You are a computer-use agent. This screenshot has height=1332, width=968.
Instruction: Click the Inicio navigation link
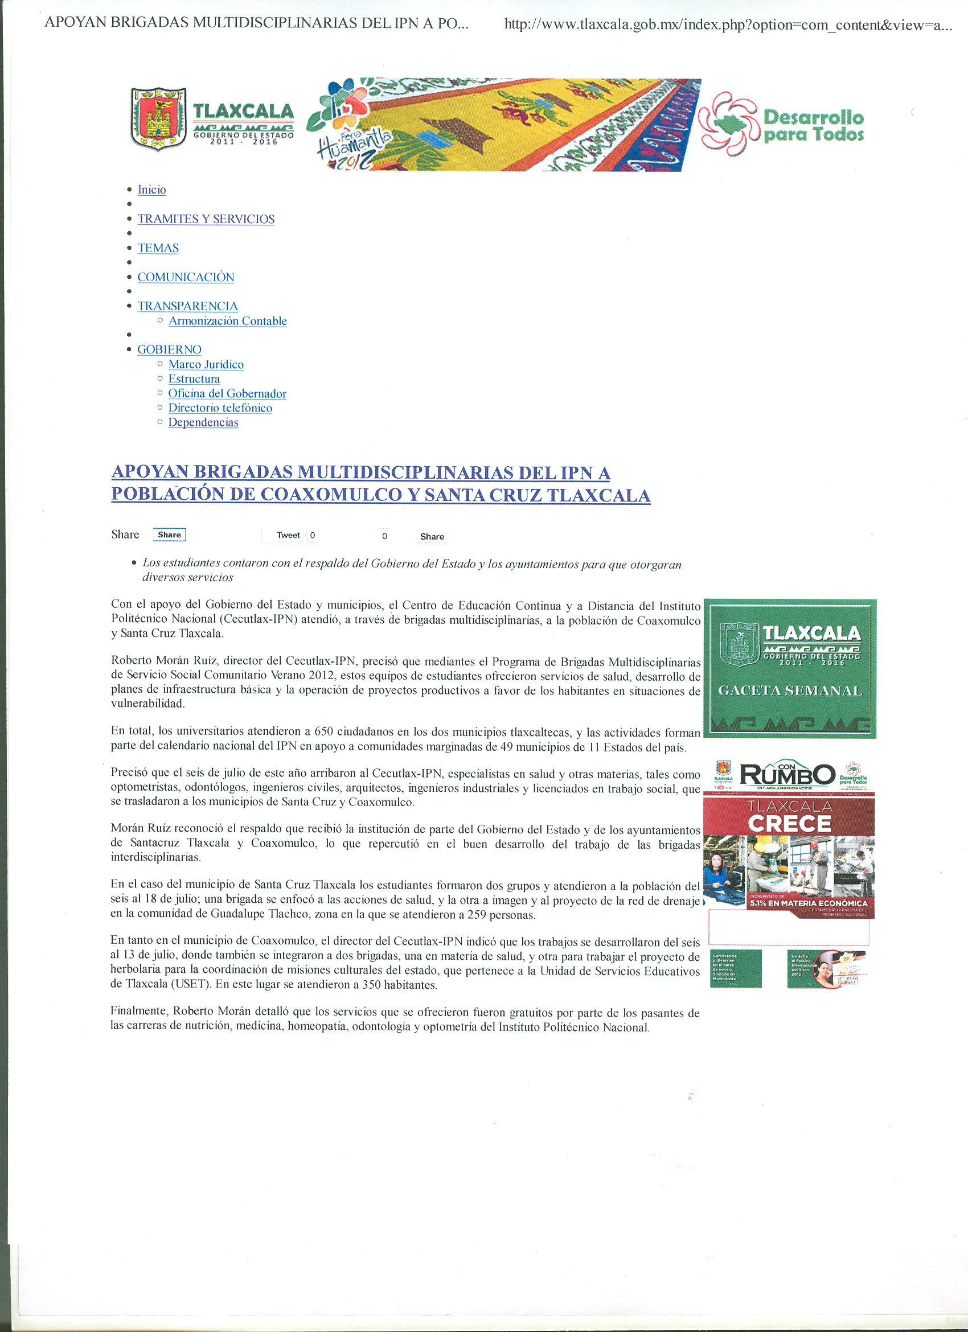151,190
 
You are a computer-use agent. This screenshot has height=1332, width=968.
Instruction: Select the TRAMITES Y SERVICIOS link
206,219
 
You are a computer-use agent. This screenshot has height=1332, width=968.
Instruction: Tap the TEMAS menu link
158,248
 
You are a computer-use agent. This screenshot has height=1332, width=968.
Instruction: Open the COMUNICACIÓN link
186,277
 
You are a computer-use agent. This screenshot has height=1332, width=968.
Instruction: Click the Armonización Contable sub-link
227,320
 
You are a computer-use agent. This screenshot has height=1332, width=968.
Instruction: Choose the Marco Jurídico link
206,364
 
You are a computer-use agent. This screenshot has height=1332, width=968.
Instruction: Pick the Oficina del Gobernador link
227,393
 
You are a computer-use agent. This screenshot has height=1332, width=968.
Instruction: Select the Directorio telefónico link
220,408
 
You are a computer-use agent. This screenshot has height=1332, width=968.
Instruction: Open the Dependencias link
203,422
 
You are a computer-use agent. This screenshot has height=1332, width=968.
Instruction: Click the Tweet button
288,535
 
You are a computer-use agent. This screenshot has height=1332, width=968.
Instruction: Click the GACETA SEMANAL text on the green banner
790,690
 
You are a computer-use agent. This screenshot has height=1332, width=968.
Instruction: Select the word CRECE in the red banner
789,824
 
